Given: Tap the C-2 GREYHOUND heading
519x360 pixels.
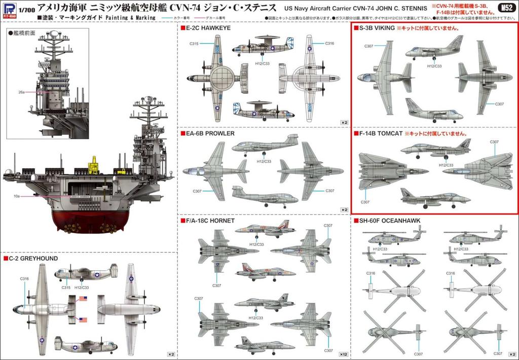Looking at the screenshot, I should pyautogui.click(x=33, y=258).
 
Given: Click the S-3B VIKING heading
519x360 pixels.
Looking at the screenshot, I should pyautogui.click(x=376, y=28).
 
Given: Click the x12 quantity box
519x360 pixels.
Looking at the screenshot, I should pyautogui.click(x=343, y=353).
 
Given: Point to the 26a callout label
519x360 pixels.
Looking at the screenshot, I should pyautogui.click(x=21, y=92).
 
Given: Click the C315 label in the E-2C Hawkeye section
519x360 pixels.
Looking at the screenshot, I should pyautogui.click(x=194, y=44).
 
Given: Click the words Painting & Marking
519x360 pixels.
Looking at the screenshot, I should pyautogui.click(x=121, y=18).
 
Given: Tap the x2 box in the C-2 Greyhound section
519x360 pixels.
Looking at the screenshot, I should pyautogui.click(x=171, y=353).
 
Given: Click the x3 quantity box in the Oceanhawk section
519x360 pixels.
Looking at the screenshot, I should pyautogui.click(x=511, y=353).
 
